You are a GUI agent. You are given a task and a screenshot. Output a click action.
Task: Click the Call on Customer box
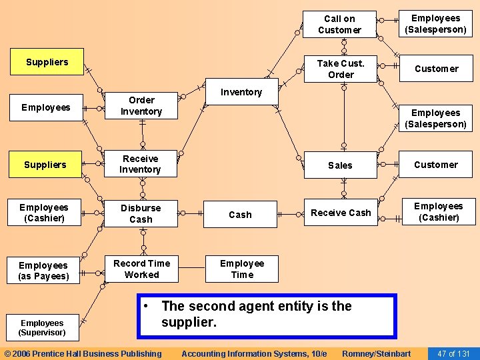tap(340, 25)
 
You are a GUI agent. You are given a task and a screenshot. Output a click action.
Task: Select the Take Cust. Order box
tap(340, 69)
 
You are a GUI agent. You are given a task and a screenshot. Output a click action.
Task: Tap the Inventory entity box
tap(241, 92)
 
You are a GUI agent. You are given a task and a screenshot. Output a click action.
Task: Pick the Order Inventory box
tap(141, 106)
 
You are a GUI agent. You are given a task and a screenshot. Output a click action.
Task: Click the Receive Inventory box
tap(141, 164)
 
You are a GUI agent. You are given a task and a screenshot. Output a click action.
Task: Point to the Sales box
tap(340, 165)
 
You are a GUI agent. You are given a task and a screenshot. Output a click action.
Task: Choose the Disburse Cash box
tap(141, 213)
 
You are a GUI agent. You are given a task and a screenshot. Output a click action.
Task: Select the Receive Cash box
tap(341, 213)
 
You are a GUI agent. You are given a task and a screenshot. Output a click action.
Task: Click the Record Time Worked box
tap(141, 269)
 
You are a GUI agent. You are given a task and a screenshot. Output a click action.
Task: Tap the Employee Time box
tap(241, 269)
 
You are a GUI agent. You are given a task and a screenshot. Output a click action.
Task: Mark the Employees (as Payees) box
tap(43, 271)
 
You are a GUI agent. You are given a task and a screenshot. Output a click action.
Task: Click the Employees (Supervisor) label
tap(42, 327)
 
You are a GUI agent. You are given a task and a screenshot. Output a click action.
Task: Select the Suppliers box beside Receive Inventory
tap(45, 165)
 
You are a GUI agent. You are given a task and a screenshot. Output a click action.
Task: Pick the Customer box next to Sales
tap(436, 165)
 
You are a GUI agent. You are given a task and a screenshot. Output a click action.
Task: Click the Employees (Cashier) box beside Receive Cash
tap(438, 211)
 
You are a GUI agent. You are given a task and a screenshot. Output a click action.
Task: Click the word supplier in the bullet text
tap(189, 323)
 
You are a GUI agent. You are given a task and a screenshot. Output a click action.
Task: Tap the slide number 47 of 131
tap(453, 353)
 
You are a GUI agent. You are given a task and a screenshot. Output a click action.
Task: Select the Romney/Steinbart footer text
tap(376, 353)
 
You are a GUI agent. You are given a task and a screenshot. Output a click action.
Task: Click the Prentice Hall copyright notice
tap(83, 353)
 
